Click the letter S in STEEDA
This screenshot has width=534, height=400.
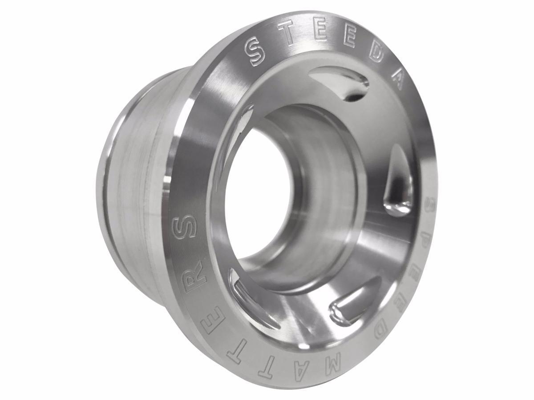tap(257, 52)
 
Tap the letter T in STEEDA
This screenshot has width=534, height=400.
tap(287, 34)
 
